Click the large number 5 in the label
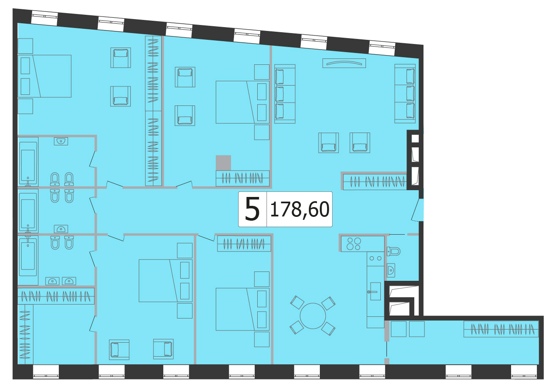tap(252, 209)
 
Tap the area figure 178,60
tap(300, 210)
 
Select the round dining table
tap(313, 316)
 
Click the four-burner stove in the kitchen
tap(354, 244)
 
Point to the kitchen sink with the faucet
tap(375, 291)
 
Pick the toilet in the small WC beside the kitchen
tap(393, 251)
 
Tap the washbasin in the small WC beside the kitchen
tap(391, 271)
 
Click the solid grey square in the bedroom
tap(223, 163)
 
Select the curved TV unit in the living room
tap(344, 63)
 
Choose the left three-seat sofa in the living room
tap(285, 94)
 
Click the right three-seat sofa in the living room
tap(405, 94)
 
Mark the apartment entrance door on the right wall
tap(418, 210)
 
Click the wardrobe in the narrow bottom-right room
tap(501, 329)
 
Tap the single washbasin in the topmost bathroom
tap(61, 141)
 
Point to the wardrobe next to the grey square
tap(242, 178)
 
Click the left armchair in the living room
tap(329, 143)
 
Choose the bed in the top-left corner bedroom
tap(44, 76)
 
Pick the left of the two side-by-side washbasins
tap(52, 281)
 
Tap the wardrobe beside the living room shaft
tap(375, 182)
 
